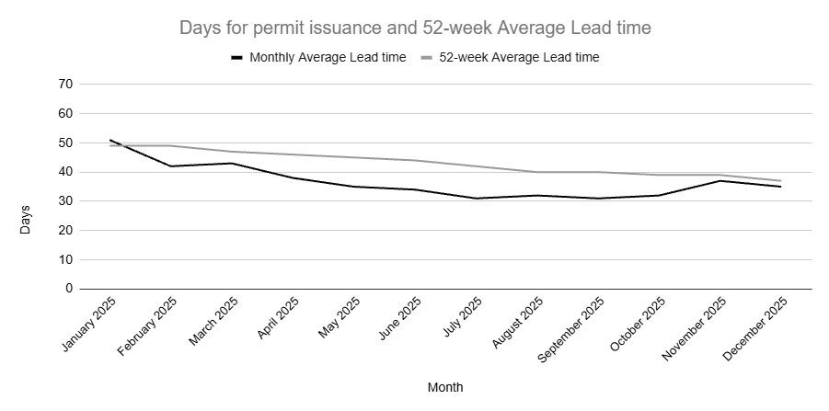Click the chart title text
coord(415,29)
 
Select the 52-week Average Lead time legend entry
coord(511,57)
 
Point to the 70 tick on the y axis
coord(66,85)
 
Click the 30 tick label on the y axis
coord(66,201)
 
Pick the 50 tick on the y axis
coord(66,143)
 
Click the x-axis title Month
coord(445,387)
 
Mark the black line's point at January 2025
coord(110,140)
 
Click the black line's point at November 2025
coord(720,180)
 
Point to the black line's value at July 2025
coord(476,198)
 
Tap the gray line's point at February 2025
coord(171,145)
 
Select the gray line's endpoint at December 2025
coord(780,180)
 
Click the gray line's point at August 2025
coord(536,172)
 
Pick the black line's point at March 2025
coord(232,163)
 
